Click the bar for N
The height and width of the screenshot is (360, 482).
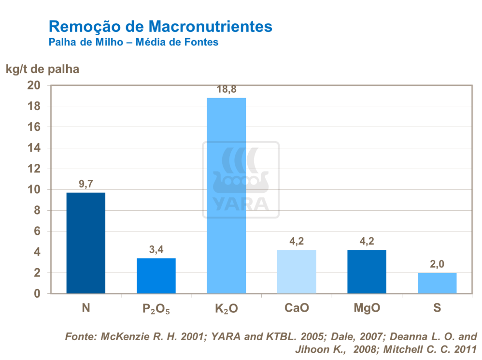pos(85,243)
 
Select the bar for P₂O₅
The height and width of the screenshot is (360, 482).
pos(156,276)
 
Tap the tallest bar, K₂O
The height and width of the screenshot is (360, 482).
pos(226,196)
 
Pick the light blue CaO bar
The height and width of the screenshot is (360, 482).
pos(297,272)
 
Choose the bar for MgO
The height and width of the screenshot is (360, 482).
pos(367,272)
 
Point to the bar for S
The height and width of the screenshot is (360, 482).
pos(437,283)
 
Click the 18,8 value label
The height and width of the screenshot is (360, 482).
pos(226,89)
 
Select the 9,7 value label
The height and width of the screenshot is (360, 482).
pos(85,184)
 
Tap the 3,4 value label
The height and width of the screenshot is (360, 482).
pos(156,250)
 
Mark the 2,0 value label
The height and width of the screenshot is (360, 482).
pos(437,264)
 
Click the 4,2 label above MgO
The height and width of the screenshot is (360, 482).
pos(367,241)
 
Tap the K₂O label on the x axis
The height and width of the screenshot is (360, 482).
pos(226,308)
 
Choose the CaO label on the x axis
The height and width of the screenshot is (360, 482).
pos(297,308)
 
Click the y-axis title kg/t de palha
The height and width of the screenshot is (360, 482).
pos(43,69)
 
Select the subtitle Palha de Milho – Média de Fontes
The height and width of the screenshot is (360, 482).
pos(133,43)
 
